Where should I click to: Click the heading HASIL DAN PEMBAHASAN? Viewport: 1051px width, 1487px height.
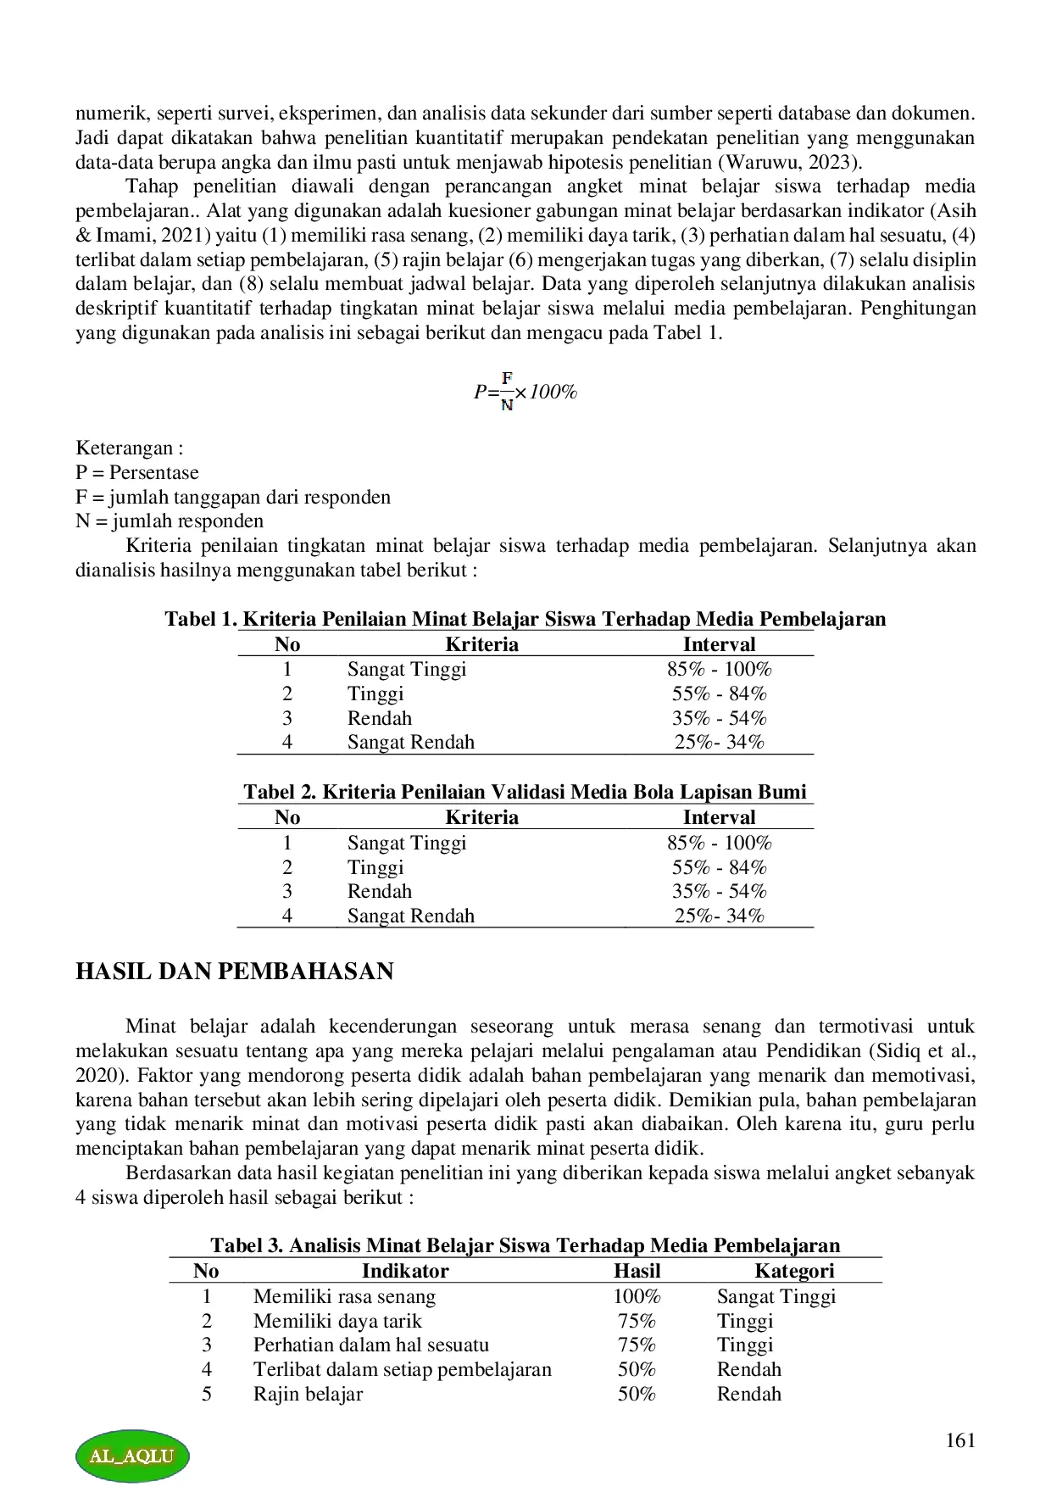tap(235, 972)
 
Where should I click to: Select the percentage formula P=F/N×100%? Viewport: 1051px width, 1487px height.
tap(525, 391)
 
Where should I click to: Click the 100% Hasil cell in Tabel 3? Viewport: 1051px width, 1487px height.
tap(637, 1296)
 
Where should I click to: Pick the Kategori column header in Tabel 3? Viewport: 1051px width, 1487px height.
tap(794, 1271)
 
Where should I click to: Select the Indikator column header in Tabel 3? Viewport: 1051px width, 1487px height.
tap(405, 1271)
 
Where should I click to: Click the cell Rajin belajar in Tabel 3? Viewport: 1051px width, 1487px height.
tap(308, 1394)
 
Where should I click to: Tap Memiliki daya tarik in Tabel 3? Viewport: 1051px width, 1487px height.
tap(337, 1321)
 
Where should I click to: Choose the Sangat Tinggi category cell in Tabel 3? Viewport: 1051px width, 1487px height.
tap(776, 1296)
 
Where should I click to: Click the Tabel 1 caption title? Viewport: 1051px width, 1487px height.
tap(525, 619)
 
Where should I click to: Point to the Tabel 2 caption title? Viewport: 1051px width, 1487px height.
tap(525, 792)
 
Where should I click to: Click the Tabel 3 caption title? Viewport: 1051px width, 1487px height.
tap(525, 1245)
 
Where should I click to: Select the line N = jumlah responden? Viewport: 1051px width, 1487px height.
tap(170, 521)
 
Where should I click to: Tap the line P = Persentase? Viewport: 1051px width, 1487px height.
tap(137, 472)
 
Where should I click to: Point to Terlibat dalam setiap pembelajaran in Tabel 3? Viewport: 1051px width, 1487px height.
tap(402, 1369)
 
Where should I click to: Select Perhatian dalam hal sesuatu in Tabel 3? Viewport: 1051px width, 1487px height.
tap(370, 1345)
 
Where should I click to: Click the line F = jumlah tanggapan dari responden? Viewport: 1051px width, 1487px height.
tap(233, 497)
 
